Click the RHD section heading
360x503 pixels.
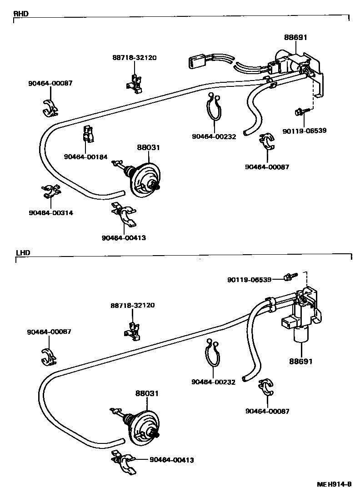[21, 14]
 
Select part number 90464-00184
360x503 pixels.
[85, 157]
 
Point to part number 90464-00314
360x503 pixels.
[50, 213]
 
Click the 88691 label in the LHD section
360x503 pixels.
[300, 362]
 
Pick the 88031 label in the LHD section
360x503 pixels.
[146, 393]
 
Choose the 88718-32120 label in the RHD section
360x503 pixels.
[135, 58]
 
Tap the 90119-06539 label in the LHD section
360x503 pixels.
[249, 280]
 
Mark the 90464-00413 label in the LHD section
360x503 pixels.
[171, 460]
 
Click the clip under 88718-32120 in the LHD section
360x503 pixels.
[133, 330]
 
